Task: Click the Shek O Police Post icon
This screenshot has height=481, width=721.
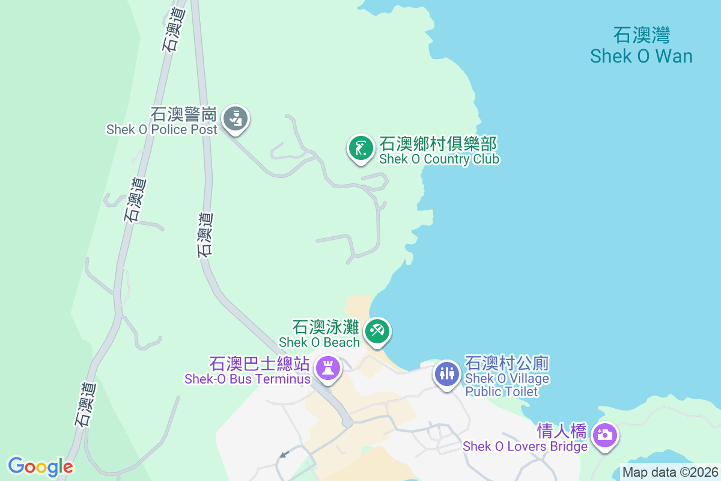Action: coord(236,118)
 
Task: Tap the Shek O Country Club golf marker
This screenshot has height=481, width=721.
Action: coord(360,147)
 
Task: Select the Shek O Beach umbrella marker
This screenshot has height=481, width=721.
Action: coord(377,331)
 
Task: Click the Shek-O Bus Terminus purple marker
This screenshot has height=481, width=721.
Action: coord(328,367)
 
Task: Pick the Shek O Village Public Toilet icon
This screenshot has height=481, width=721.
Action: coord(446,373)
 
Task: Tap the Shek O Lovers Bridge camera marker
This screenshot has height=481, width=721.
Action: coord(605,435)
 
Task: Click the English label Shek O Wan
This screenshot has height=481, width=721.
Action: coord(641,57)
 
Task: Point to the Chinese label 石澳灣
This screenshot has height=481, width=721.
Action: coord(641,35)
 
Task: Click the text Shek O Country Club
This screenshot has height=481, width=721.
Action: coord(439,159)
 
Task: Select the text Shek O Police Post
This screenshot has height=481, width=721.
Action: coord(162,129)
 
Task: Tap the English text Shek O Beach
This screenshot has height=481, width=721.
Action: coord(319,342)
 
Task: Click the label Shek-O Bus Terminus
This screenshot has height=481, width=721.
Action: coord(248,379)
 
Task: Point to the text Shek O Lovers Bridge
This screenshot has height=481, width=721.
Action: coord(525,447)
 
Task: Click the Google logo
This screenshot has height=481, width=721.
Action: coord(40,466)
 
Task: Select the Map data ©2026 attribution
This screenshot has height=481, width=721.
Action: coord(670,473)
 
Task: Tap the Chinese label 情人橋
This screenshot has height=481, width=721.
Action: coord(562,432)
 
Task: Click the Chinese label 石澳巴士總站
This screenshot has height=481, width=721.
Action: coord(259,364)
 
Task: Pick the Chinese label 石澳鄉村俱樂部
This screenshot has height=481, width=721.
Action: coord(438,144)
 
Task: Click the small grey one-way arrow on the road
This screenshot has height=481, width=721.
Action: coord(285,455)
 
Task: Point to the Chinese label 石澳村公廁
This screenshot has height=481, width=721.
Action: coord(508,364)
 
